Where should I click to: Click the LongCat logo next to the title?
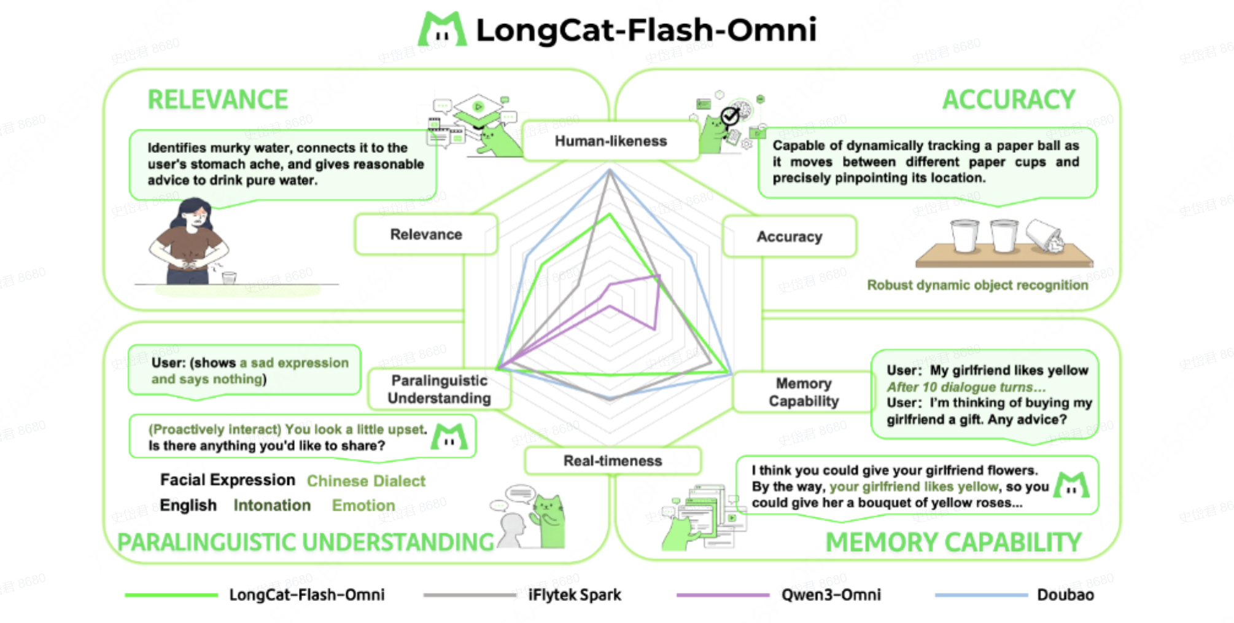(x=441, y=29)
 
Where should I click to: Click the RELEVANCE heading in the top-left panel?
(x=217, y=100)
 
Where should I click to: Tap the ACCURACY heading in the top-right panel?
(x=1008, y=100)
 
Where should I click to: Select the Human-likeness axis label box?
(x=611, y=141)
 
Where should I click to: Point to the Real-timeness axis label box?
(x=613, y=461)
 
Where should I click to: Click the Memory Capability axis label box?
(x=803, y=392)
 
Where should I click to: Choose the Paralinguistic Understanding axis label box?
(x=439, y=390)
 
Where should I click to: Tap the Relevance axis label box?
(x=426, y=235)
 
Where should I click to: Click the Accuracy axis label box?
(x=789, y=237)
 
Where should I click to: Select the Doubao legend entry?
(x=1065, y=595)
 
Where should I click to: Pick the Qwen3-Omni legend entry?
(x=830, y=595)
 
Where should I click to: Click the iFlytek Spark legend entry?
(x=574, y=595)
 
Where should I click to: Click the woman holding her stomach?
(x=188, y=243)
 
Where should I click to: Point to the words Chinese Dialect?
(x=366, y=481)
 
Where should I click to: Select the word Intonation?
(x=272, y=506)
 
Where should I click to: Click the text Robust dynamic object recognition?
(x=977, y=285)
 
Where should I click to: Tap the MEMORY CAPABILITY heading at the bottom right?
(x=953, y=543)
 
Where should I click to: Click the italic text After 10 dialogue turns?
(x=965, y=387)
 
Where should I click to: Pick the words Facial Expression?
(x=227, y=480)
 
